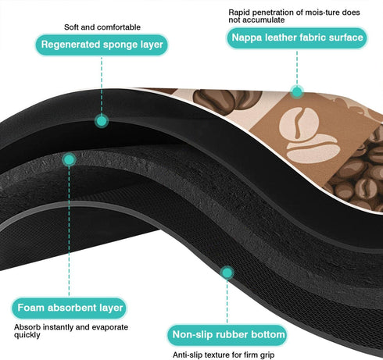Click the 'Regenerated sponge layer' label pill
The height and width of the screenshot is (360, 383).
pos(102,45)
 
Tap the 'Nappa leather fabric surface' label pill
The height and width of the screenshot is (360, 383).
pos(297,37)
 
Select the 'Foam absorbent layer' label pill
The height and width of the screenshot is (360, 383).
pos(70,308)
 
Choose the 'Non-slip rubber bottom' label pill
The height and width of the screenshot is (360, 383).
pos(227,335)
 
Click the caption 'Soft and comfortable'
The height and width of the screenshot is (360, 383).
pos(102,27)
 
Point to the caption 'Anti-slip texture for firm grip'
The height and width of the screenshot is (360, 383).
pos(224,355)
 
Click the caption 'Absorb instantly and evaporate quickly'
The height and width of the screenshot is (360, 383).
pos(71,331)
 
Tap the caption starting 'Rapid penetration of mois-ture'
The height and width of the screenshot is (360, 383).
pos(294,16)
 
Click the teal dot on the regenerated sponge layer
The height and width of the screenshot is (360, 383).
pos(102,121)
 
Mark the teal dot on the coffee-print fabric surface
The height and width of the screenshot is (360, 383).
pos(297,91)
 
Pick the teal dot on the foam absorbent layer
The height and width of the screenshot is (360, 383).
pos(69,159)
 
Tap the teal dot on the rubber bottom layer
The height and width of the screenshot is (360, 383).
pos(227,273)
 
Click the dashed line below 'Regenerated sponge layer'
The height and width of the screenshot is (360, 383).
pos(102,85)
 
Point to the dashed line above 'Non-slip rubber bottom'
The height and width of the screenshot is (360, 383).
pos(227,302)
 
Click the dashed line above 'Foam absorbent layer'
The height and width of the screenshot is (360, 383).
pos(69,232)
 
